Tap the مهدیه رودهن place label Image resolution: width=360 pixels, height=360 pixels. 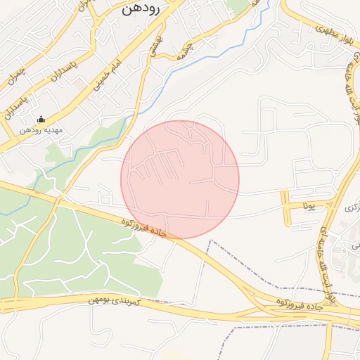[x=41, y=130]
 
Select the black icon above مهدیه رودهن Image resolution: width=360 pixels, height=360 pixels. [x=40, y=120]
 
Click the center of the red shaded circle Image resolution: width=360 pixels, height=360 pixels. [x=180, y=180]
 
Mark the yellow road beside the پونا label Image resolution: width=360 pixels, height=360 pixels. [x=287, y=207]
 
